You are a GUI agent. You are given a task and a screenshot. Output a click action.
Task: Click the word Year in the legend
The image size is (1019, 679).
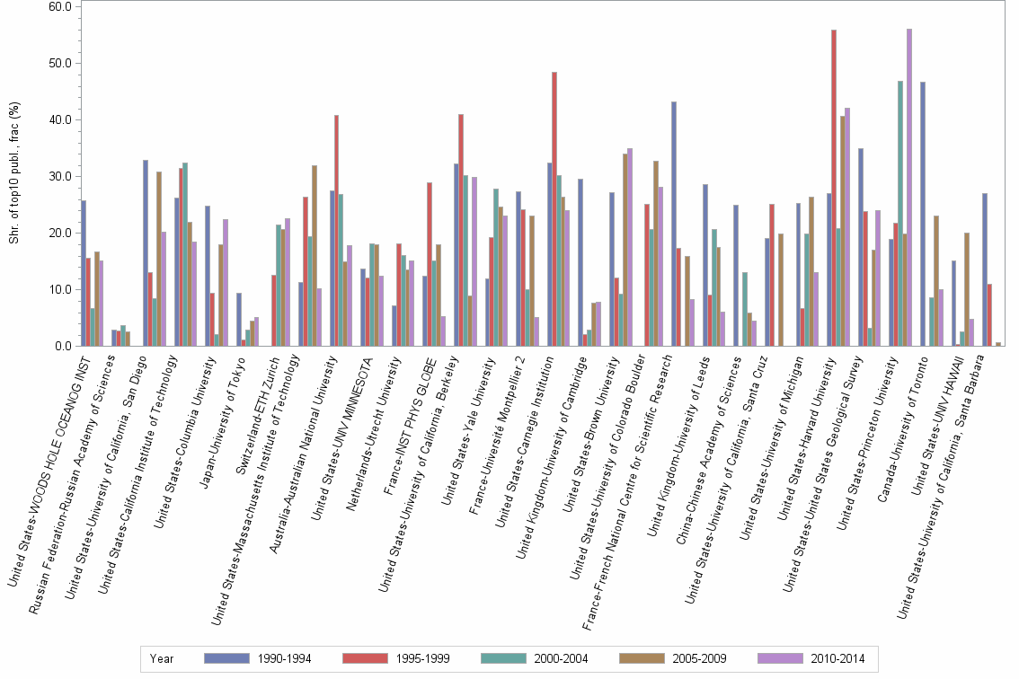point(163,658)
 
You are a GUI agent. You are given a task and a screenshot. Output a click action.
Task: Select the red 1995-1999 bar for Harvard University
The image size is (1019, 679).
point(834,188)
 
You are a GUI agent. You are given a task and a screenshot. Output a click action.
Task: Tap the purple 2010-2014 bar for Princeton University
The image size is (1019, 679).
point(909,188)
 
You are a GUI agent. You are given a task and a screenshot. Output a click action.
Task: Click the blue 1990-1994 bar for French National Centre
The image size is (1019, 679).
point(674,224)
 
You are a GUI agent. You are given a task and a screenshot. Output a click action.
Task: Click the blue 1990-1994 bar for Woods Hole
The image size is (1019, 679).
point(84,273)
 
